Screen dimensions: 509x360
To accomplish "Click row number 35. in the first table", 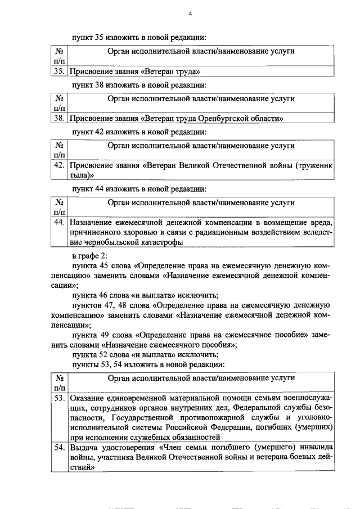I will click(x=58, y=71).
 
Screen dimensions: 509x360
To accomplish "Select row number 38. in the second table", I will click(x=58, y=119).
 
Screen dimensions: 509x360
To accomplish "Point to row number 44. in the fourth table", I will click(x=58, y=222).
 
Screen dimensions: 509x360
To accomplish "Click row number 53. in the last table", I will click(x=58, y=399).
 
